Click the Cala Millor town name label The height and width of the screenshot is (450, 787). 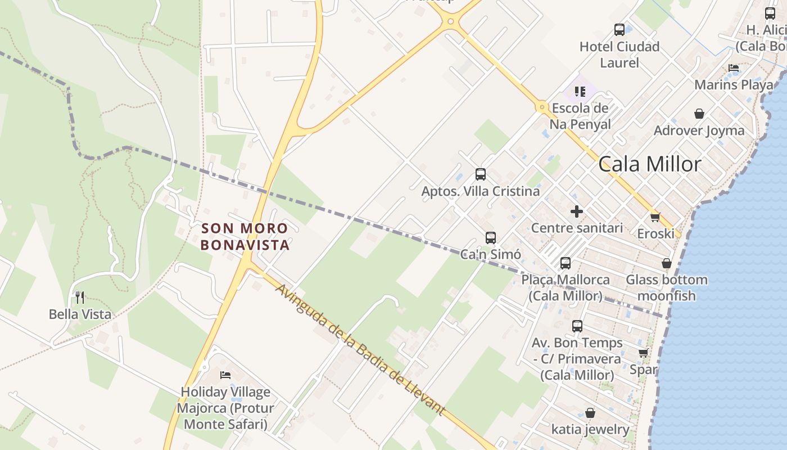coord(650,164)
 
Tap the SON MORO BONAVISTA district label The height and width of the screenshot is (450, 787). coord(245,237)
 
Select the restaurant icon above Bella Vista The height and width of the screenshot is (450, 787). coord(80,297)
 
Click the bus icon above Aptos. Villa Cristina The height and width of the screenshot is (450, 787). coord(480,174)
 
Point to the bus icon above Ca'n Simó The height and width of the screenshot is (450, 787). coord(491,238)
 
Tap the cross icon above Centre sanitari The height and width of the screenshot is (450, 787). coord(577,211)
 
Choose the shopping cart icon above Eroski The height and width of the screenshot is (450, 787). coord(654,217)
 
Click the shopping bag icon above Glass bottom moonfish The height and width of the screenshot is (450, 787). coord(666,263)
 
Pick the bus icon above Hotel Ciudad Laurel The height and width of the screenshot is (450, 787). coord(619,30)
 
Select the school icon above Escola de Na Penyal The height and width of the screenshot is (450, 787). coord(580,91)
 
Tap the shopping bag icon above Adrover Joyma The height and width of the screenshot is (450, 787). coord(699,114)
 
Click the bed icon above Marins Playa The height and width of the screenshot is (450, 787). coord(733,68)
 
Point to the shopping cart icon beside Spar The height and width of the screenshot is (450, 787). coord(643,353)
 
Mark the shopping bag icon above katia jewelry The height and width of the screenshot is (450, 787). coord(590,413)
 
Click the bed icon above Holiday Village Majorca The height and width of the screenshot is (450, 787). coord(225,375)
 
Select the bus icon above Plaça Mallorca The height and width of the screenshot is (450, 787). coord(565,263)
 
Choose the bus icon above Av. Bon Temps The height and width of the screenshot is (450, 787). coord(577,326)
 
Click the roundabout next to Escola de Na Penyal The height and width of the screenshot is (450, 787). coord(542,106)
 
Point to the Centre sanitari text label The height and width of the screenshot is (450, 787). coord(577,228)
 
